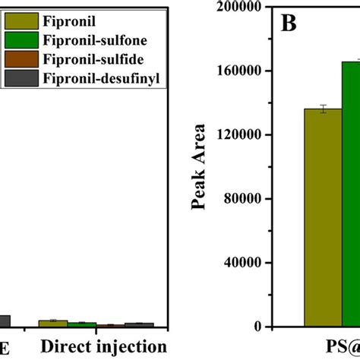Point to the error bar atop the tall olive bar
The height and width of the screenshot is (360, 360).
click(323, 109)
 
